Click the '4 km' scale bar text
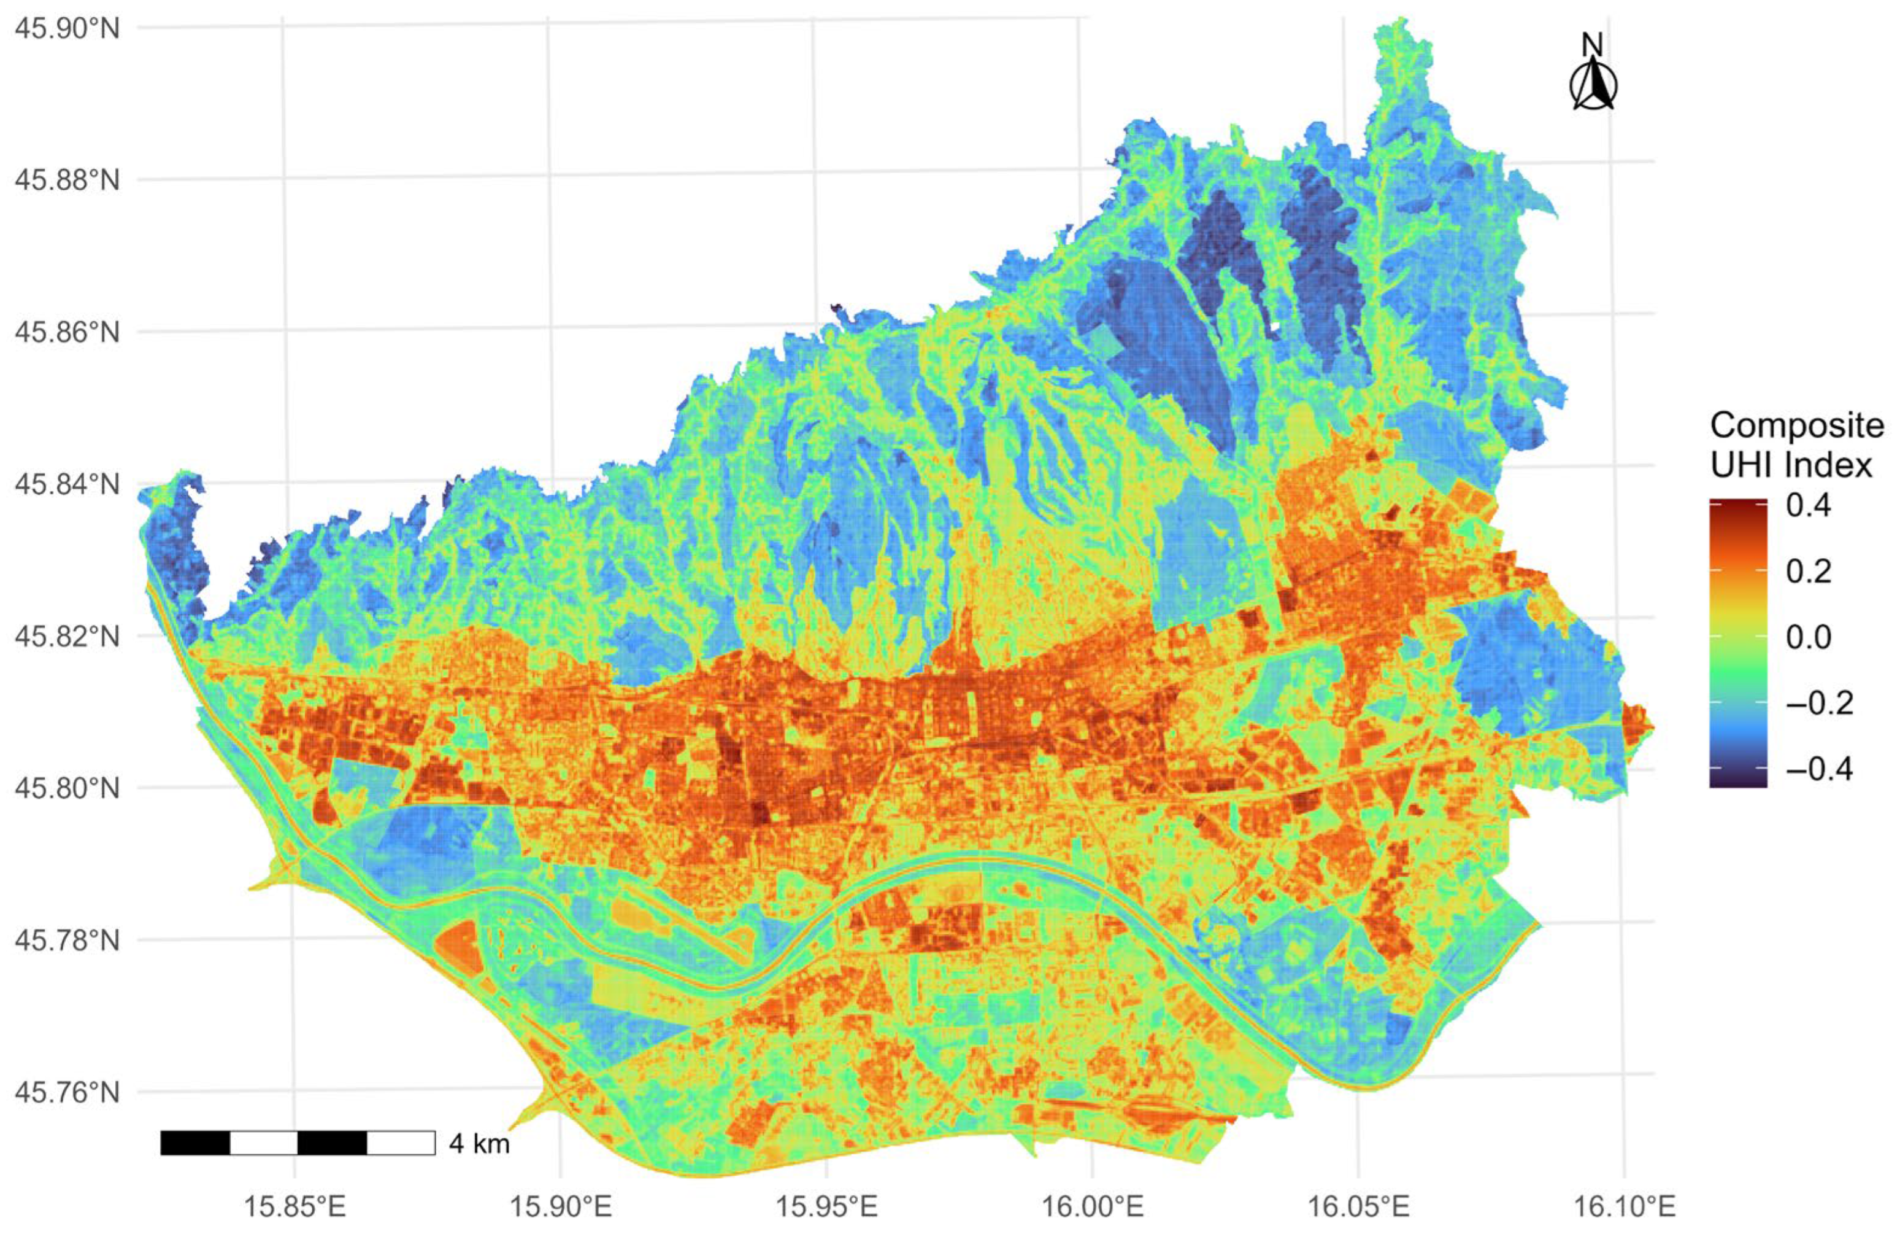(479, 1144)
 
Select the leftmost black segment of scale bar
(195, 1143)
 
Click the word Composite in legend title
(1796, 425)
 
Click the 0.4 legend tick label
(1808, 506)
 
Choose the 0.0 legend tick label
(1808, 637)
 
